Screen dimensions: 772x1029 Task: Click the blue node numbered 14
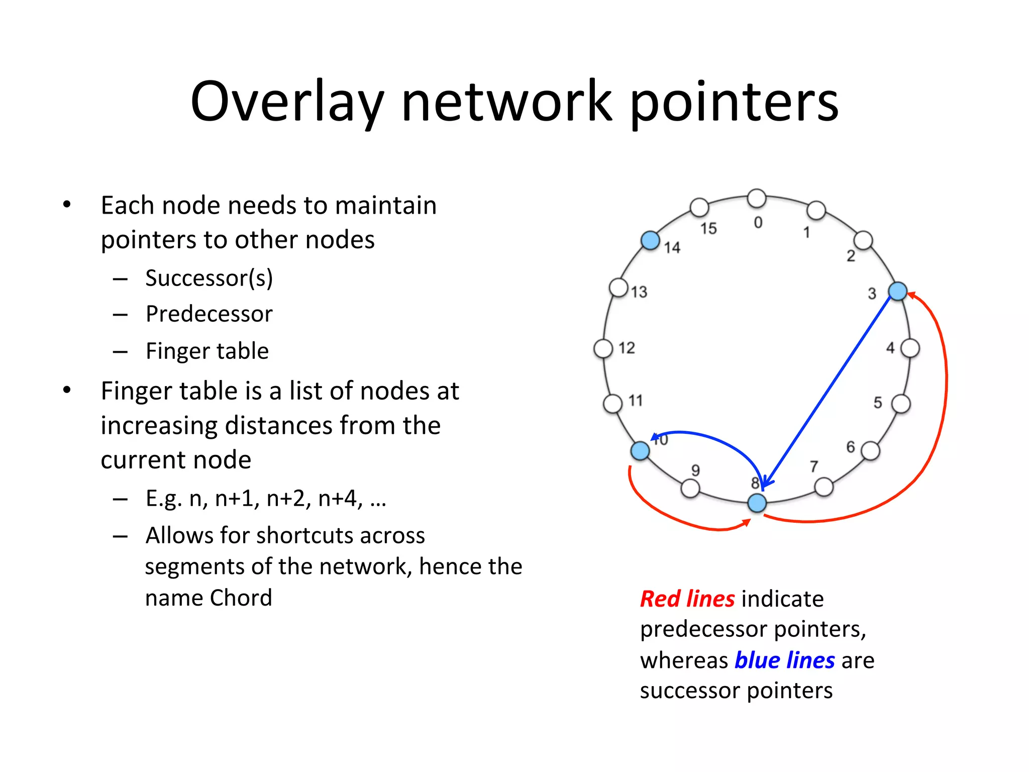(x=650, y=240)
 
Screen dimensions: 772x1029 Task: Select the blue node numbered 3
(x=897, y=291)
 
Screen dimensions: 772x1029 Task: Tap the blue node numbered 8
(x=757, y=503)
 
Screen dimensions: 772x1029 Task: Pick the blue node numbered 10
(x=640, y=450)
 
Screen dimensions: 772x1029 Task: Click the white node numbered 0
(x=757, y=198)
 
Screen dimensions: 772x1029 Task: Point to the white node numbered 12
(x=603, y=348)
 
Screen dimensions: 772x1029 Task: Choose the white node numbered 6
(x=870, y=451)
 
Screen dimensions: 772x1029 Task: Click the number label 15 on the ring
(x=708, y=229)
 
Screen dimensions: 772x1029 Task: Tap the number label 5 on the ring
(x=878, y=403)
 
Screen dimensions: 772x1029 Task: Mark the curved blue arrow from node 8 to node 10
(x=713, y=438)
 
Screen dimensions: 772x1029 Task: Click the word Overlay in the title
(x=287, y=103)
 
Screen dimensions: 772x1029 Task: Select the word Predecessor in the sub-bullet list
(x=209, y=314)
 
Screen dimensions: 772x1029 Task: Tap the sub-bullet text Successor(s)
(x=209, y=278)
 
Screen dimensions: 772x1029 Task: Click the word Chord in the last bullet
(x=241, y=598)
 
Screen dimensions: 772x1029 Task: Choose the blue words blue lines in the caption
(x=784, y=660)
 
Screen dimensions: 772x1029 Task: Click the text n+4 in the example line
(x=340, y=499)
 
